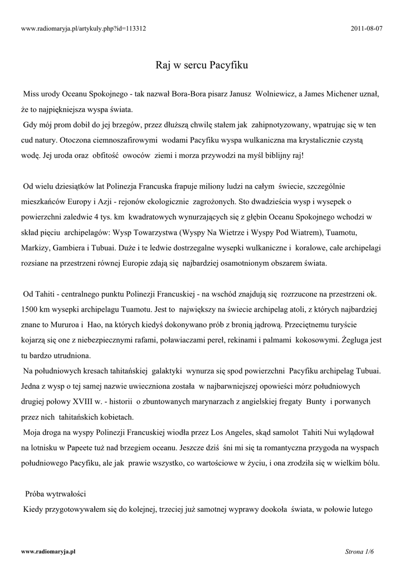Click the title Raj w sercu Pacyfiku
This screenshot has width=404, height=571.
click(201, 65)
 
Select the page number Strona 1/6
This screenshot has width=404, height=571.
click(359, 551)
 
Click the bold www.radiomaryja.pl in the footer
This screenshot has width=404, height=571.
click(48, 551)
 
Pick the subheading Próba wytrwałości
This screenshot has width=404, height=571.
click(55, 494)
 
